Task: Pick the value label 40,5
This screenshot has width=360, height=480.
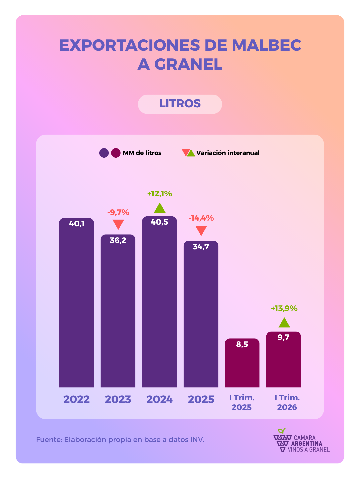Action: coord(159,222)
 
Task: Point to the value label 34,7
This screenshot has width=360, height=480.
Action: coord(201,247)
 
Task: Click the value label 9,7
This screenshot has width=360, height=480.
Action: coord(283,337)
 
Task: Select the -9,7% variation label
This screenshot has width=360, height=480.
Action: coord(118,212)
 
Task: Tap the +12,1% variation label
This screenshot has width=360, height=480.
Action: coord(160,194)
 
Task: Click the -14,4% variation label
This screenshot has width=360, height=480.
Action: coord(201,218)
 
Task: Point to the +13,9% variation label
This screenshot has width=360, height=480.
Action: coord(284,309)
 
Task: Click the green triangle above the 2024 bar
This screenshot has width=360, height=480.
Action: coord(160,208)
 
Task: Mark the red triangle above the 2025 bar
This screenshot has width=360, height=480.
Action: coord(201,230)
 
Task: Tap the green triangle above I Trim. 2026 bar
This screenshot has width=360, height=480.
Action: coord(284,323)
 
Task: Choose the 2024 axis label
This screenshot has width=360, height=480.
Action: coord(160,399)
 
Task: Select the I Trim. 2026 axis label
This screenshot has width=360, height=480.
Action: coord(287,402)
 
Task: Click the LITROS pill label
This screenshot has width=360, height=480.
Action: coord(180,104)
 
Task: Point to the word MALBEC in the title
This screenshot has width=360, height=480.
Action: coord(266,45)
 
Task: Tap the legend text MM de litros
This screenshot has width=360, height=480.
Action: coord(142,153)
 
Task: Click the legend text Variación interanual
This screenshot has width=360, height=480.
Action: coord(228,153)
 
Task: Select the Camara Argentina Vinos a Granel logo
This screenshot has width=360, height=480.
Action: coord(301,441)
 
